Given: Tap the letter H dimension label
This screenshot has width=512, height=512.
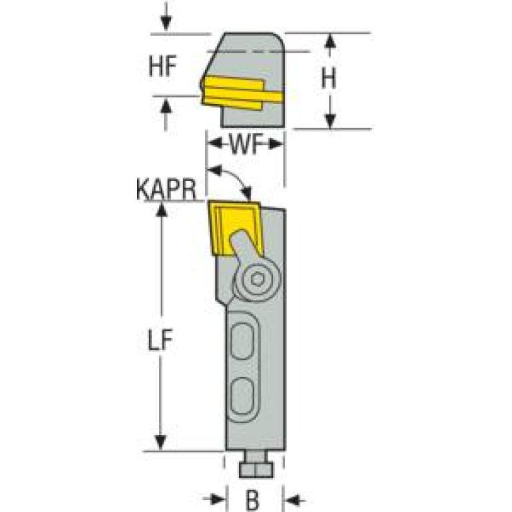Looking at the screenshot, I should pyautogui.click(x=328, y=79).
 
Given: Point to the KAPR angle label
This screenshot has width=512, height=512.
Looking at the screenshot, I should pyautogui.click(x=166, y=190).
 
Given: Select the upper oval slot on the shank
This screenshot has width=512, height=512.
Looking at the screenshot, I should pyautogui.click(x=242, y=343).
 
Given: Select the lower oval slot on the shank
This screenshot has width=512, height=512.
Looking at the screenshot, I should pyautogui.click(x=242, y=396).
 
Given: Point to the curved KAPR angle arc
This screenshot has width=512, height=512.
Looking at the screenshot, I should pyautogui.click(x=234, y=175).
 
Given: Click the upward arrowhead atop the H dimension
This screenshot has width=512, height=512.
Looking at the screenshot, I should pyautogui.click(x=328, y=41).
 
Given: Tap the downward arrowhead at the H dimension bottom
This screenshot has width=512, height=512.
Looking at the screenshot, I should pyautogui.click(x=328, y=120).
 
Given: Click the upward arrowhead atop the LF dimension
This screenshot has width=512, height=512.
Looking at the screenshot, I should pyautogui.click(x=160, y=208).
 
